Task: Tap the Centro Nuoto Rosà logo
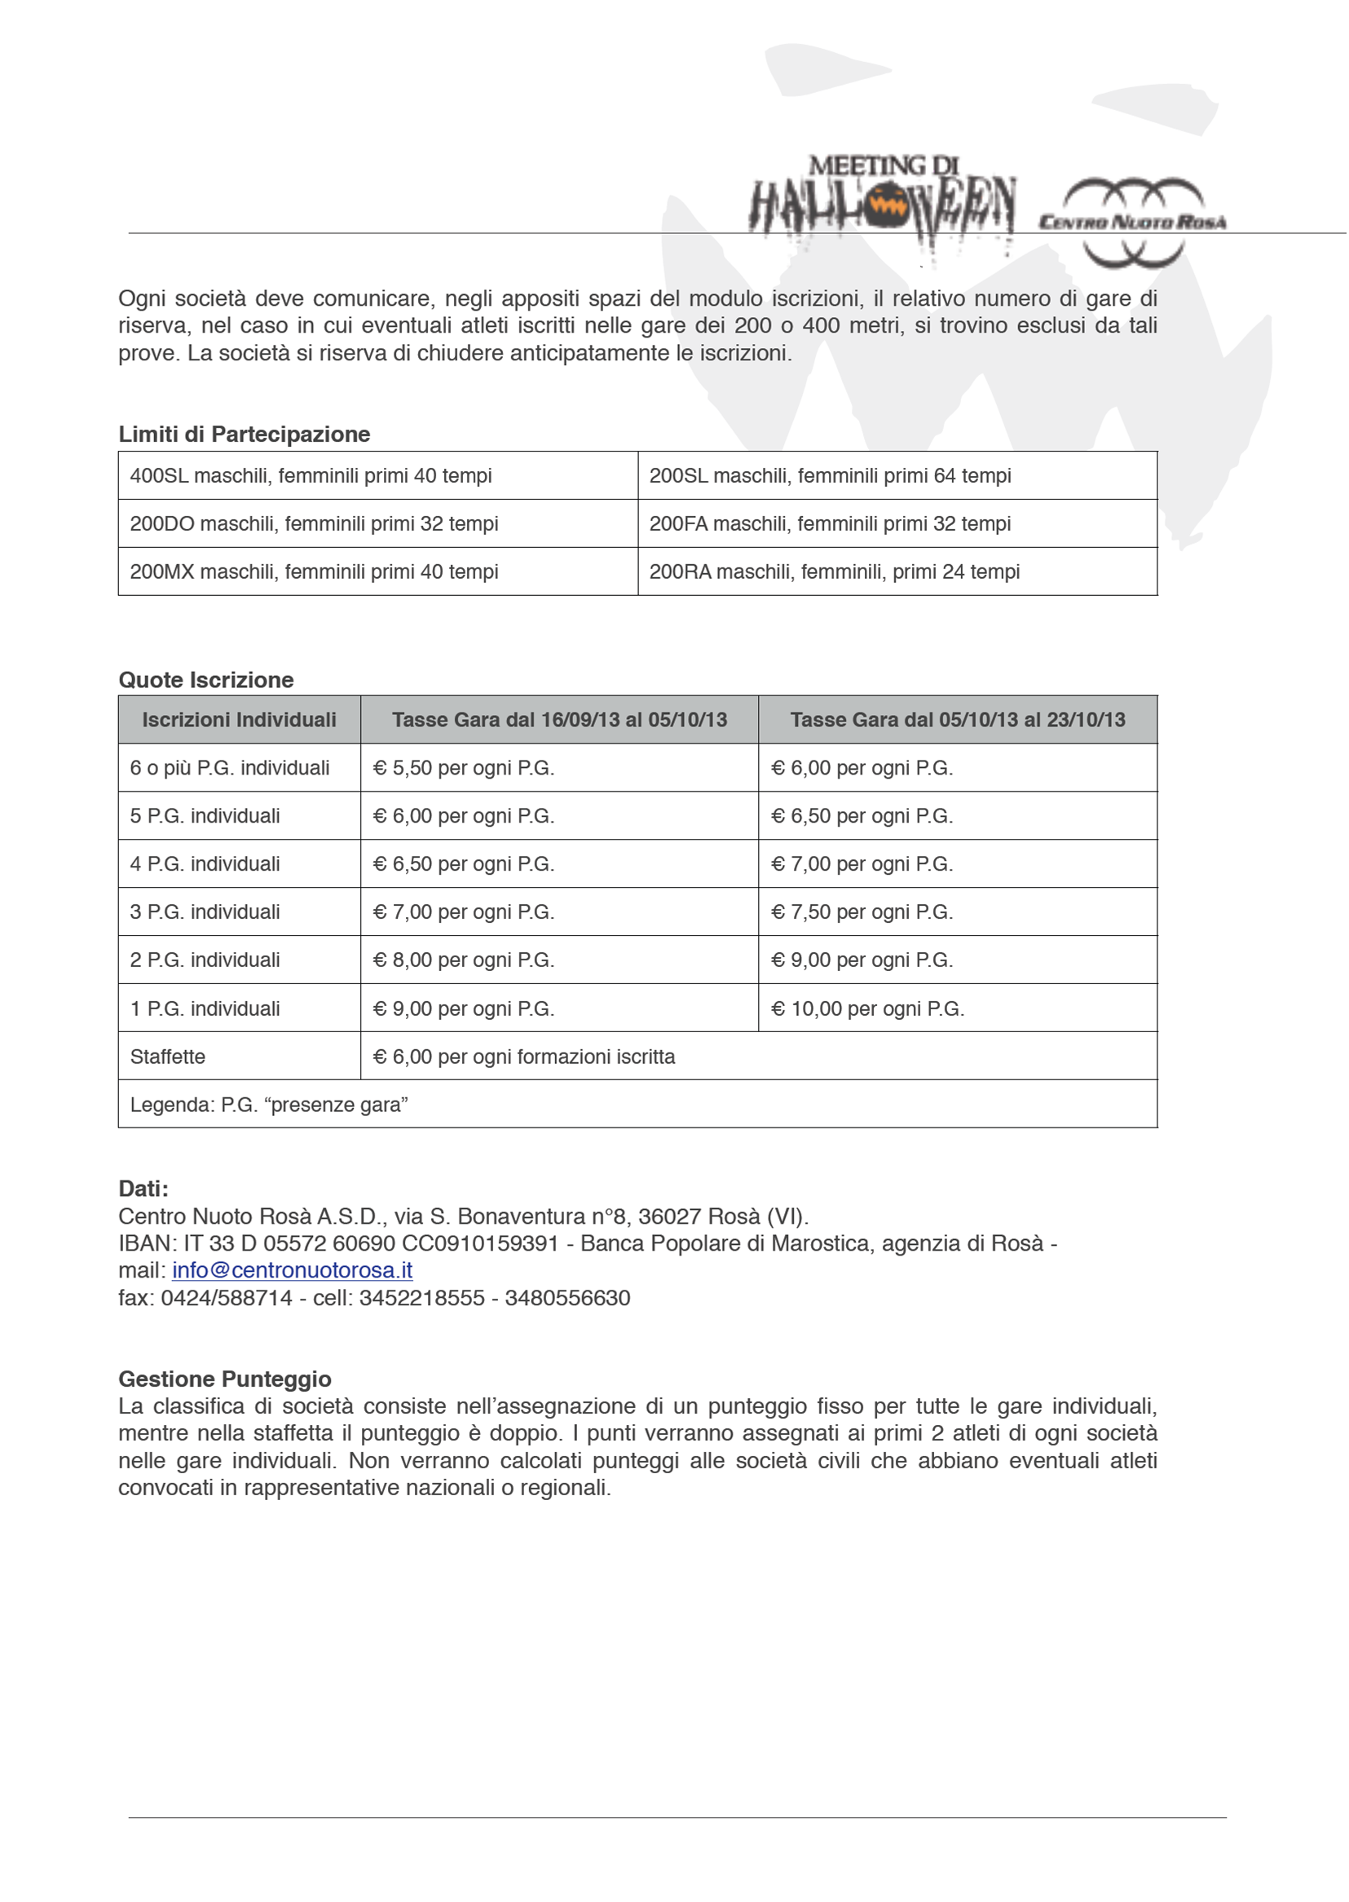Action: click(1133, 221)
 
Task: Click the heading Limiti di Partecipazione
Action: click(245, 435)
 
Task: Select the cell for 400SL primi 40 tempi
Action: click(311, 476)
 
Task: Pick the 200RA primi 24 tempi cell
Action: click(834, 572)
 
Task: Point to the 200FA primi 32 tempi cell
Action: click(830, 524)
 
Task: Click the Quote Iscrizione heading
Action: click(206, 680)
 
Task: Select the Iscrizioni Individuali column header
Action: click(239, 720)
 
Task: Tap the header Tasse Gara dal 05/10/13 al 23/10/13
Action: click(957, 720)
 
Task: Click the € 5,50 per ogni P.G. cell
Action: click(464, 768)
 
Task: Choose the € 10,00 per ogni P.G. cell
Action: click(867, 1009)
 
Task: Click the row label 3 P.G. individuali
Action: click(205, 912)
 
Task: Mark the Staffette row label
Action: click(168, 1057)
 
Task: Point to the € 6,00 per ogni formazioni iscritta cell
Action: click(524, 1057)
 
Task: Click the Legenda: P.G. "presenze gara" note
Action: click(269, 1105)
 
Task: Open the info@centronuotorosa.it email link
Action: click(293, 1271)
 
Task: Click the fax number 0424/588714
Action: click(227, 1298)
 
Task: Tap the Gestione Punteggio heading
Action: click(225, 1379)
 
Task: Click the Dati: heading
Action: click(143, 1189)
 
